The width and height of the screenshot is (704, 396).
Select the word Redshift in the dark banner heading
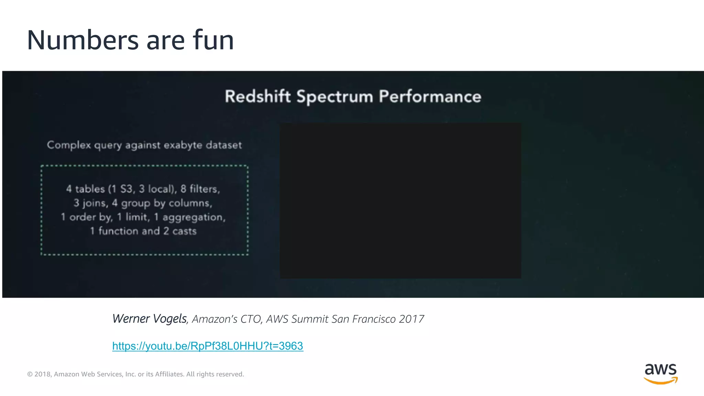click(258, 96)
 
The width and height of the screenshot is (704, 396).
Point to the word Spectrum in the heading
click(335, 97)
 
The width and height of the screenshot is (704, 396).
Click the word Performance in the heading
click(430, 97)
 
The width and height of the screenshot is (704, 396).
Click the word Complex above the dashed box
click(69, 145)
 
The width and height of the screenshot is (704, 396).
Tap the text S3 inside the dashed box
click(126, 189)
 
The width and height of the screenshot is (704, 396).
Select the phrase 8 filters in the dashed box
click(200, 189)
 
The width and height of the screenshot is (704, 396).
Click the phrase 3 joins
click(91, 203)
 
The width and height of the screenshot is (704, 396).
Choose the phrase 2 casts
click(180, 231)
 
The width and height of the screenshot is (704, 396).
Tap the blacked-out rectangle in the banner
click(400, 201)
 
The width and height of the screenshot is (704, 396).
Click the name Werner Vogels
click(150, 319)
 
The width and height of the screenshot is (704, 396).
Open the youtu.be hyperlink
click(208, 346)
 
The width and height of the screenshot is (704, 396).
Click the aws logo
click(660, 373)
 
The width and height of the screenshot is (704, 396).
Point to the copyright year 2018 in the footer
click(43, 374)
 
